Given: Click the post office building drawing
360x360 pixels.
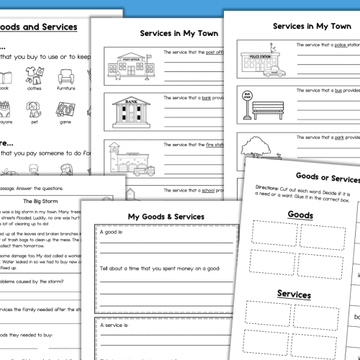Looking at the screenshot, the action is click(127, 64).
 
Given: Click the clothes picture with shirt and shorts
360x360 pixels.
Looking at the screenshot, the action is click(32, 76).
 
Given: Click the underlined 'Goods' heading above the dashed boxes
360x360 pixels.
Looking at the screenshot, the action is click(300, 215).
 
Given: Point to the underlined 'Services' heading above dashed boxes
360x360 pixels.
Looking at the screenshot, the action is click(294, 294).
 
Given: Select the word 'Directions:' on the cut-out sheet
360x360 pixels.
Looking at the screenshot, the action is click(270, 189).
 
